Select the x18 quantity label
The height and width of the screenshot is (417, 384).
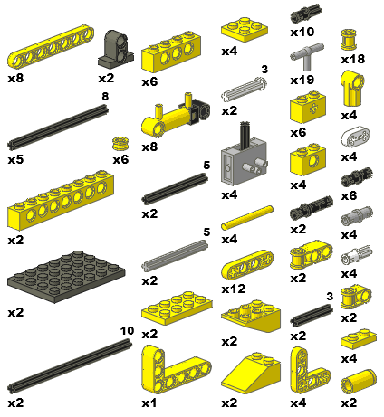(352, 59)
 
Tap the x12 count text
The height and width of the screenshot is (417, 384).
(233, 289)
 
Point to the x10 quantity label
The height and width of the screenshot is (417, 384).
(302, 32)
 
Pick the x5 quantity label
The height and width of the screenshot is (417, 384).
(15, 160)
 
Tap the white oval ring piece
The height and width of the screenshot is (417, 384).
(352, 138)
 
